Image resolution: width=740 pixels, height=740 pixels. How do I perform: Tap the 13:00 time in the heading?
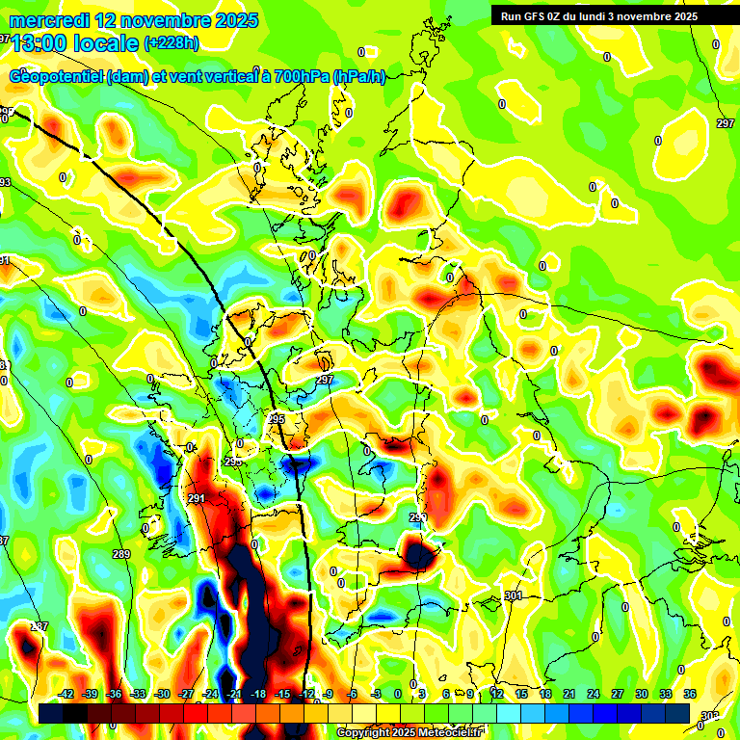tap(39, 42)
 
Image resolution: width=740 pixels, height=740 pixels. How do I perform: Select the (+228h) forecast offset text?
tap(172, 42)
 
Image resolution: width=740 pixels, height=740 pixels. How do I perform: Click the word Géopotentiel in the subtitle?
tap(58, 77)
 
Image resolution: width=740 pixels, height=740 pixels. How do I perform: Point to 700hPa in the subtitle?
tap(302, 77)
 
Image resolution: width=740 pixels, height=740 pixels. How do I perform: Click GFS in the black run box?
tap(535, 16)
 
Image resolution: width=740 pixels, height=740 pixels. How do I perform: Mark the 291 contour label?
tap(197, 498)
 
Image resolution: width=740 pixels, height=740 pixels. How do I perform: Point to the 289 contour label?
tap(120, 554)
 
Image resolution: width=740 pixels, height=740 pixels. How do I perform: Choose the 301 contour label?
tap(513, 596)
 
